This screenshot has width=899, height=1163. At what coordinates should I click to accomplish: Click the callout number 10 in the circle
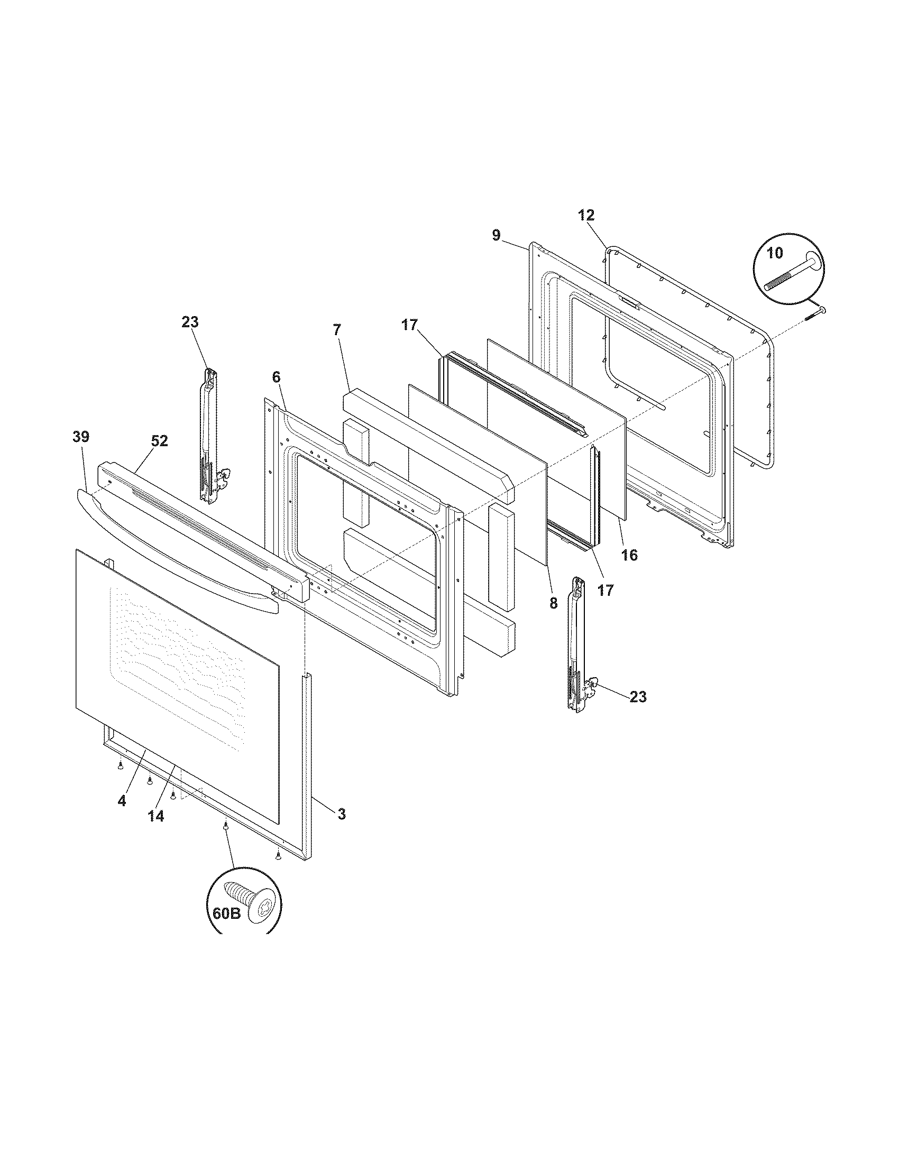(x=775, y=253)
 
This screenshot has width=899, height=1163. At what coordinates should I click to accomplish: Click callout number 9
(x=496, y=235)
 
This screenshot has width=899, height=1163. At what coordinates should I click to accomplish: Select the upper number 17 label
(x=409, y=325)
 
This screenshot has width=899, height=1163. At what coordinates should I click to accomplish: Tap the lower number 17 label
(x=606, y=590)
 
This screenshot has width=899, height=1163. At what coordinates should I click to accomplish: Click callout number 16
(x=629, y=555)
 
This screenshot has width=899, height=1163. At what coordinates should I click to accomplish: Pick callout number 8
(x=553, y=603)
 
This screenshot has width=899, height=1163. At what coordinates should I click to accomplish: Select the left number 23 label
(x=190, y=321)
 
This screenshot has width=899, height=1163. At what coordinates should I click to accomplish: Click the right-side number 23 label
(x=638, y=697)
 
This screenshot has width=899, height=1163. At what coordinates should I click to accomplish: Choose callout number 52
(x=159, y=441)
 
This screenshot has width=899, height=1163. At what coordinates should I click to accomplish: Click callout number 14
(x=155, y=816)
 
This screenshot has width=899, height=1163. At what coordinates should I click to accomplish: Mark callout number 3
(x=341, y=814)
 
